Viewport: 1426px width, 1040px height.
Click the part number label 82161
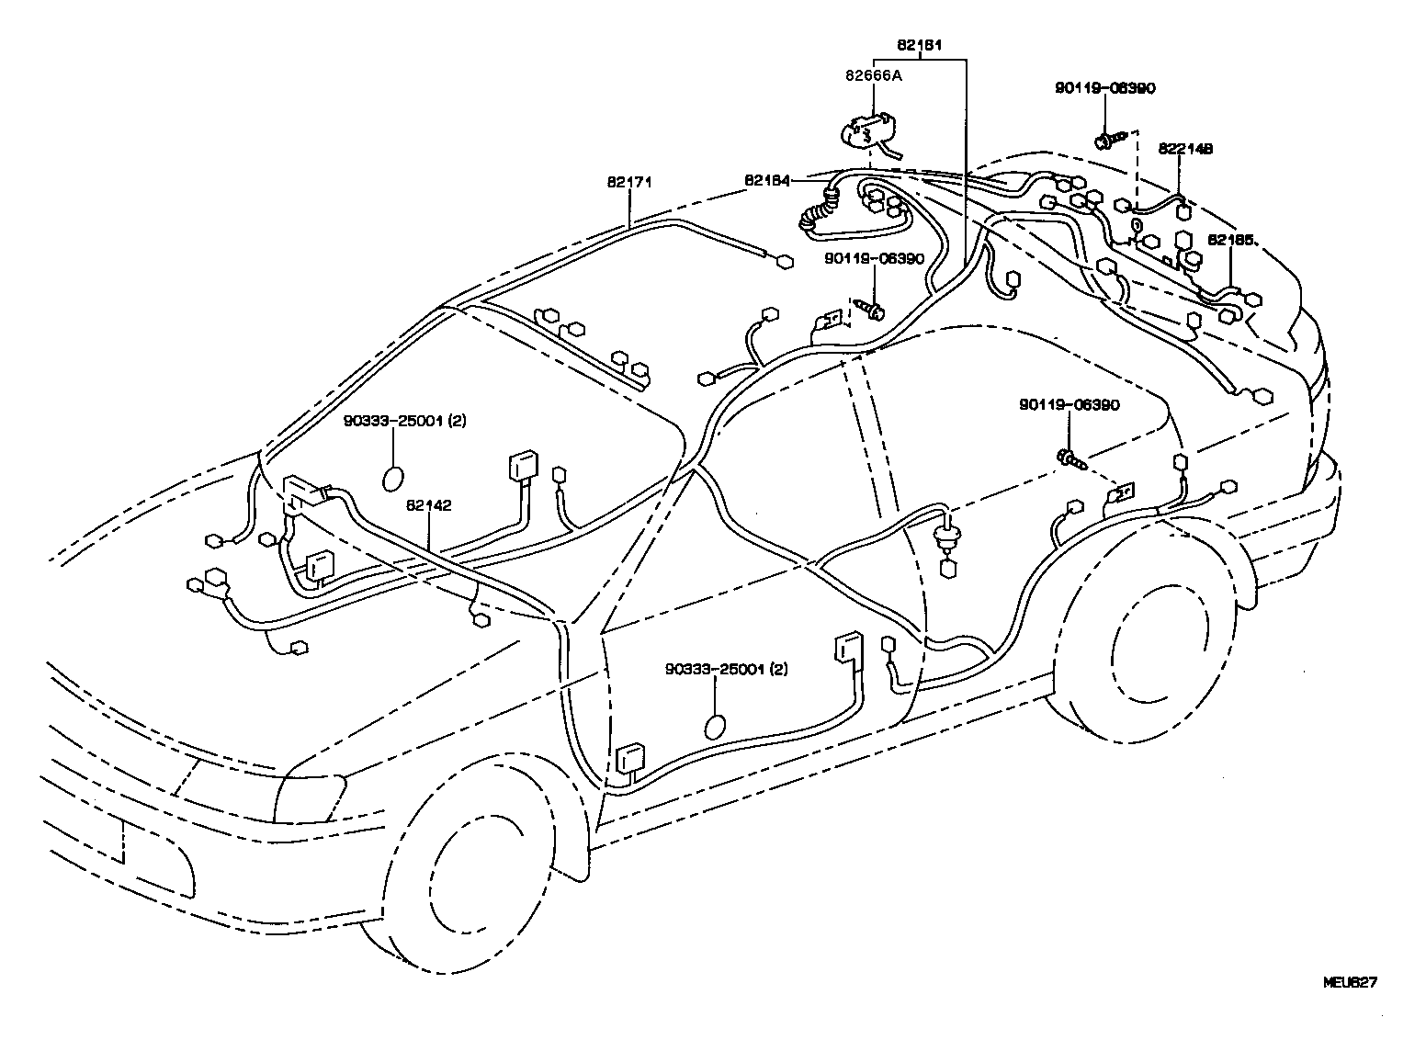tap(919, 45)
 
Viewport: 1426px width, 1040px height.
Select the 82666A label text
tap(874, 75)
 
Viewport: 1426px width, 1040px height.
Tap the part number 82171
tap(629, 182)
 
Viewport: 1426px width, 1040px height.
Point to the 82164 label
tap(767, 181)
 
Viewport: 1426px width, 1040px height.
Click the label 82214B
tap(1185, 149)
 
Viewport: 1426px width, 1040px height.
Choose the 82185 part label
tap(1230, 241)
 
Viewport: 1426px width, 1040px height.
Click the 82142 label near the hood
tap(429, 505)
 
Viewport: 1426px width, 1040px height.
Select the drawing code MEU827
tap(1350, 982)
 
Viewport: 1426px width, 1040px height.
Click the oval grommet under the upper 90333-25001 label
tap(392, 479)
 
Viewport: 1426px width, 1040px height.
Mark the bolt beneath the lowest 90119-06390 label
tap(1071, 458)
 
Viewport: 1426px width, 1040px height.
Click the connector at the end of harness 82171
tap(787, 262)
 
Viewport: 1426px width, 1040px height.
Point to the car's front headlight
tap(310, 799)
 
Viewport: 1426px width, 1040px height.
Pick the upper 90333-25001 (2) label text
tap(405, 422)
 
